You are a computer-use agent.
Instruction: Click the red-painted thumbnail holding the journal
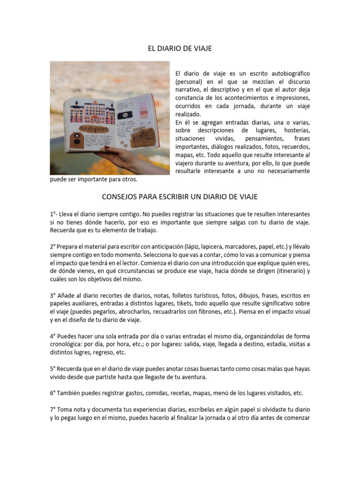[x=106, y=148]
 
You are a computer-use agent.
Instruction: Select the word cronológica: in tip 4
[x=67, y=345]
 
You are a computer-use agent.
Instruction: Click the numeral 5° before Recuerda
[x=53, y=369]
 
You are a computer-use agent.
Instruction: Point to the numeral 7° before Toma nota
[x=53, y=410]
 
